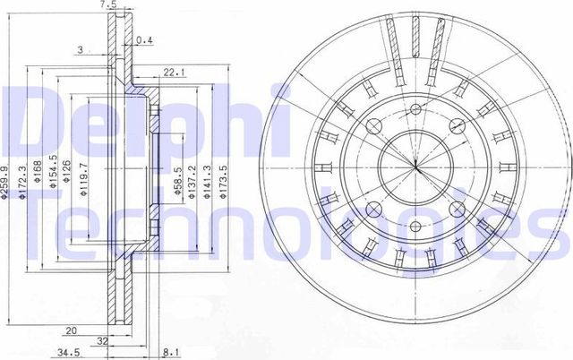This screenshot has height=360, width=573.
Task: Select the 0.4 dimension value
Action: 144,40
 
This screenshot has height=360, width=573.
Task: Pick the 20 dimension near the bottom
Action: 69,329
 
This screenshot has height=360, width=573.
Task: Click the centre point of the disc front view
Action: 417,167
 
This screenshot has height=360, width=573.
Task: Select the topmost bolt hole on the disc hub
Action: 417,110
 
